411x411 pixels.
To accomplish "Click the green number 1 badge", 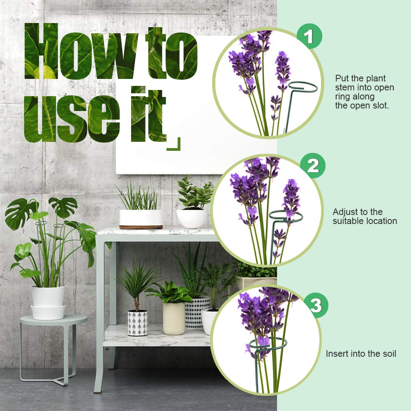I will click(309, 37).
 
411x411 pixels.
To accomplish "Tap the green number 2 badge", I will click(313, 166).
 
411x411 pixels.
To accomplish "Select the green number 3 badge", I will click(316, 305).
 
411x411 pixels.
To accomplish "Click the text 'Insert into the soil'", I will click(361, 353).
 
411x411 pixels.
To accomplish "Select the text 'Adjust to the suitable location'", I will click(365, 217).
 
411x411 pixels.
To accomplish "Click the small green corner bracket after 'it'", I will click(174, 144).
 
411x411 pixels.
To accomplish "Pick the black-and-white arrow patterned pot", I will click(138, 323).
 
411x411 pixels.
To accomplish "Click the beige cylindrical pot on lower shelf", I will click(174, 318).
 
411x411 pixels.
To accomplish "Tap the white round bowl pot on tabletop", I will click(192, 218).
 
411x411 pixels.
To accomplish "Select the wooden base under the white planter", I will click(141, 226).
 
